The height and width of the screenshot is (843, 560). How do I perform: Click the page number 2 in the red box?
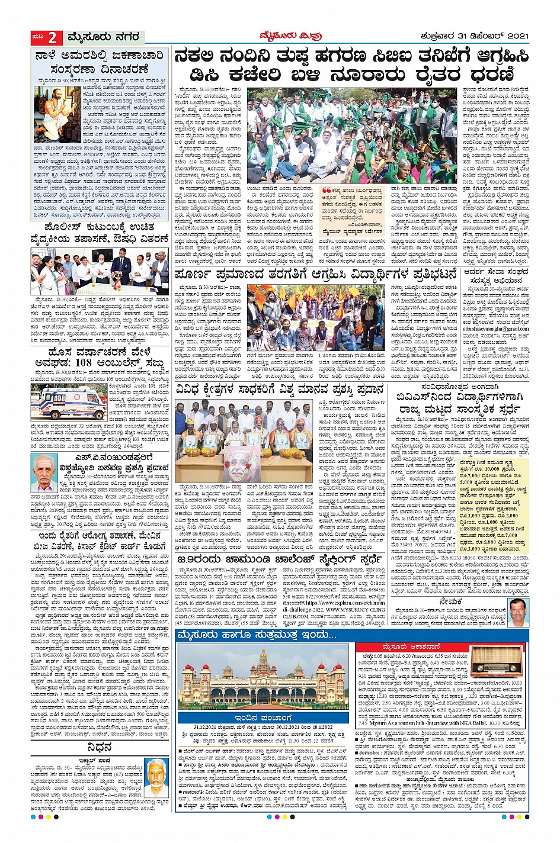click(x=52, y=38)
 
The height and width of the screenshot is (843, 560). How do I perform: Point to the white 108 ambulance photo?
click(x=69, y=402)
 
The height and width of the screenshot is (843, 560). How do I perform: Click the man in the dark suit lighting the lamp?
click(x=124, y=267)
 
